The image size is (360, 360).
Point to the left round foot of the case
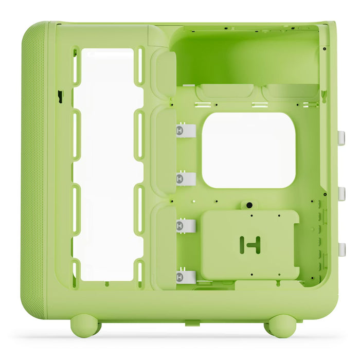85,326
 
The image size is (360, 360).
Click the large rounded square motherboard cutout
248,150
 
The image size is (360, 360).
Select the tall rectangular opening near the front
106,165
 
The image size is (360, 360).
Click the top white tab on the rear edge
341,138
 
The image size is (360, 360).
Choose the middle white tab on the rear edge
341,193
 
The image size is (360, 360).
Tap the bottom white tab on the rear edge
341,249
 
